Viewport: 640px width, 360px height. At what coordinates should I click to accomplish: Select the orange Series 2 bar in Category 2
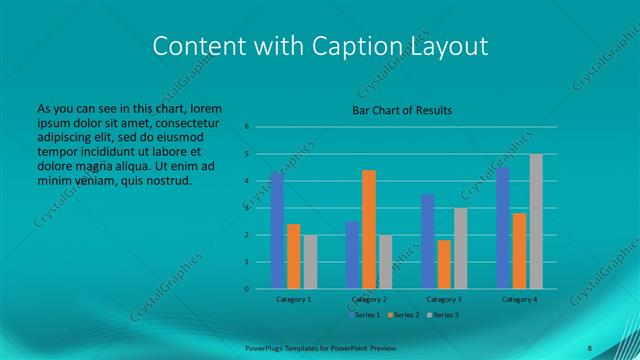click(x=369, y=229)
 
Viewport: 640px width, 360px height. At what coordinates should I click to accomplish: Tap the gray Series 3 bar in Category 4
click(x=536, y=221)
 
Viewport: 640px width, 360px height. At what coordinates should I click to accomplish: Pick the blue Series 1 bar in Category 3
click(x=428, y=241)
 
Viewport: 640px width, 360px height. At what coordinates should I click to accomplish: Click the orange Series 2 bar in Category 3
click(x=444, y=264)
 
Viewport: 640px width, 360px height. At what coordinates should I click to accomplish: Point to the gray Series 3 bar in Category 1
click(x=310, y=262)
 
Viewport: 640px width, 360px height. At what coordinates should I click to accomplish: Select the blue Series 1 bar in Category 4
click(x=503, y=227)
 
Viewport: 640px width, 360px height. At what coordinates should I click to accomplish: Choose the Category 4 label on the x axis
click(x=519, y=298)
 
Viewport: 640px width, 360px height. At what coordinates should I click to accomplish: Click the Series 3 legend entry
click(x=445, y=315)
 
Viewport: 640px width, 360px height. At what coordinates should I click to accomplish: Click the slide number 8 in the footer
click(x=589, y=347)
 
